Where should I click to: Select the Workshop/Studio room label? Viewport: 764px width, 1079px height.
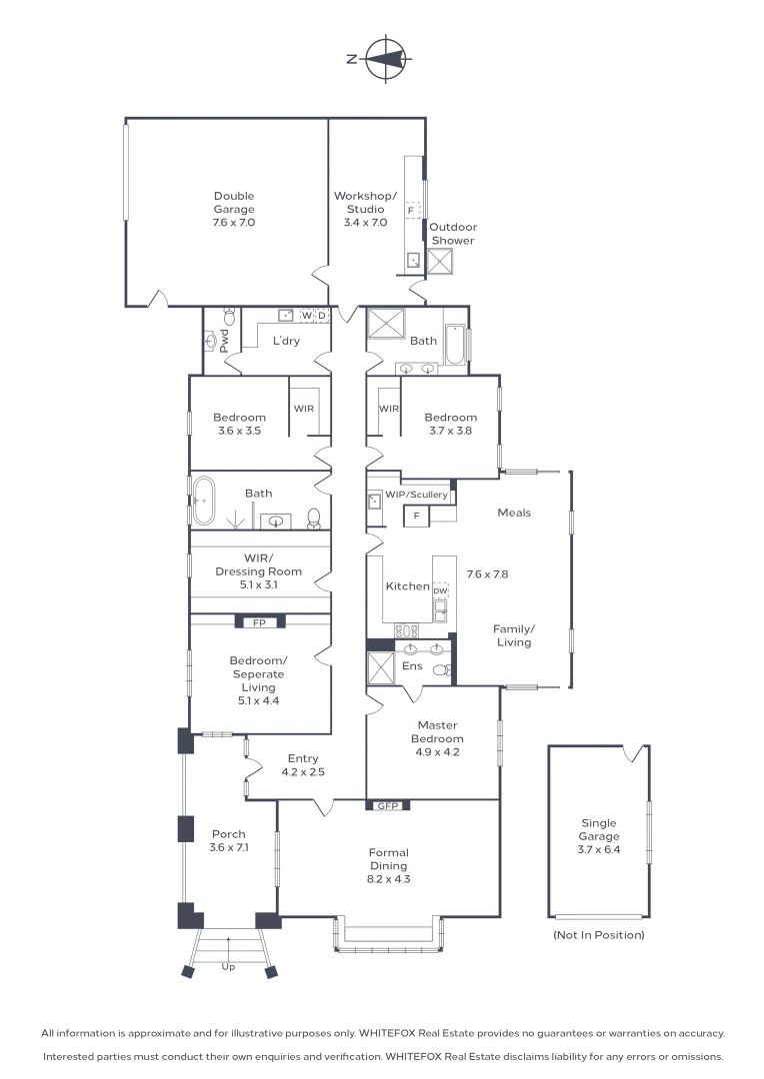coord(365,203)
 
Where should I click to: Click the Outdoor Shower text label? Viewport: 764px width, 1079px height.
coord(453,234)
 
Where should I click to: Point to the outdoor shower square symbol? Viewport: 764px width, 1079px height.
coord(441,263)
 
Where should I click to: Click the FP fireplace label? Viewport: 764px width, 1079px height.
coord(259,621)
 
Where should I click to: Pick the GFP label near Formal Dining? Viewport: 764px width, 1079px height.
coord(387,805)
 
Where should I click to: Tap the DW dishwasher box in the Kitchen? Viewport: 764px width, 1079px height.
coord(440,591)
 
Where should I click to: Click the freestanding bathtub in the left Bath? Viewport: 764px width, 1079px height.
coord(204,501)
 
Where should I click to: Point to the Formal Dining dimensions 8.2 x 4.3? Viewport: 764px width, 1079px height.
coord(388,879)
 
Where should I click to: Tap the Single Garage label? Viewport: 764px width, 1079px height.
coord(599,830)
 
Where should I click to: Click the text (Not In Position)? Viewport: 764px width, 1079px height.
coord(598,935)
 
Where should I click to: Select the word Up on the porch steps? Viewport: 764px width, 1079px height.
coord(228,967)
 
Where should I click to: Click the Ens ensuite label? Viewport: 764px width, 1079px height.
coord(412,665)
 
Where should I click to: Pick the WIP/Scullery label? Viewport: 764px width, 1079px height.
coord(416,495)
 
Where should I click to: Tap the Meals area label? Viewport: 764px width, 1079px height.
coord(514,513)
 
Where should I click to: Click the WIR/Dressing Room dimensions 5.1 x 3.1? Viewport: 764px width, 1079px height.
coord(258,584)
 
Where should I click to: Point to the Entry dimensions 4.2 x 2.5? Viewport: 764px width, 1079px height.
coord(303,771)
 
